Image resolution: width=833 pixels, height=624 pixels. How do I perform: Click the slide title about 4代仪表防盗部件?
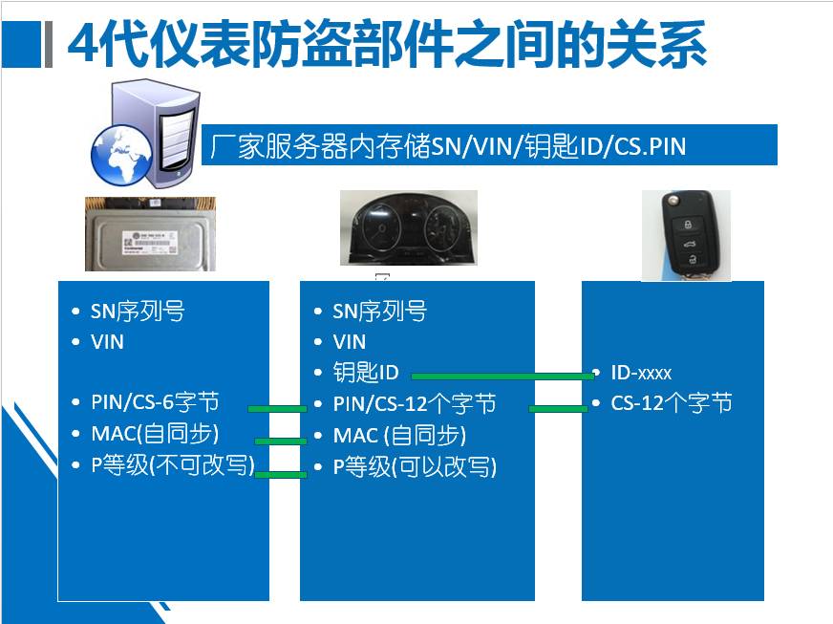387,44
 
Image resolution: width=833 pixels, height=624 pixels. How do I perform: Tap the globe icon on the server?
121,155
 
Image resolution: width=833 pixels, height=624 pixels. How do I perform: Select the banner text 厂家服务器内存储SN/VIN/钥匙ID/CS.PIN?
448,145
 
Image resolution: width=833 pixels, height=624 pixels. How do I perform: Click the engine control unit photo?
150,234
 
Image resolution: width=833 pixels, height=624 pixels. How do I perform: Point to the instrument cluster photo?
409,228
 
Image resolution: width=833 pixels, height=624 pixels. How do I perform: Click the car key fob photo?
687,235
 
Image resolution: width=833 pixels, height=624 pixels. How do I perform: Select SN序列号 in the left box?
138,311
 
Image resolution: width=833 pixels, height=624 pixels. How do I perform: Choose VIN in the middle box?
349,342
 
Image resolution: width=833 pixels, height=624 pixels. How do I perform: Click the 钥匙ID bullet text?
366,372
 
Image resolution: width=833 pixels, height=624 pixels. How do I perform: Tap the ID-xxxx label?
641,373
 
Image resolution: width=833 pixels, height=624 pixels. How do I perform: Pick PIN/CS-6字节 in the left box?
155,402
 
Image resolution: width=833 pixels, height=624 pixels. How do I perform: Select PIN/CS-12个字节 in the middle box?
415,404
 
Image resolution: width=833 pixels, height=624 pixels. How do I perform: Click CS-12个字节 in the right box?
672,403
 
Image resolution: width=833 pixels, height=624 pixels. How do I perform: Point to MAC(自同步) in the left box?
155,434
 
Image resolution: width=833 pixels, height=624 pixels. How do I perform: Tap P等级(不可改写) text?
173,465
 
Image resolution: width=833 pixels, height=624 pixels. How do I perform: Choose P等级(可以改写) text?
415,467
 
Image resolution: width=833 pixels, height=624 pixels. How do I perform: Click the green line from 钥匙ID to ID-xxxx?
502,377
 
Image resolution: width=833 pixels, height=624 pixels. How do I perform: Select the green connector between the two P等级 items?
281,474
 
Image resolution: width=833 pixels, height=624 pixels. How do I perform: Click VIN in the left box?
107,342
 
